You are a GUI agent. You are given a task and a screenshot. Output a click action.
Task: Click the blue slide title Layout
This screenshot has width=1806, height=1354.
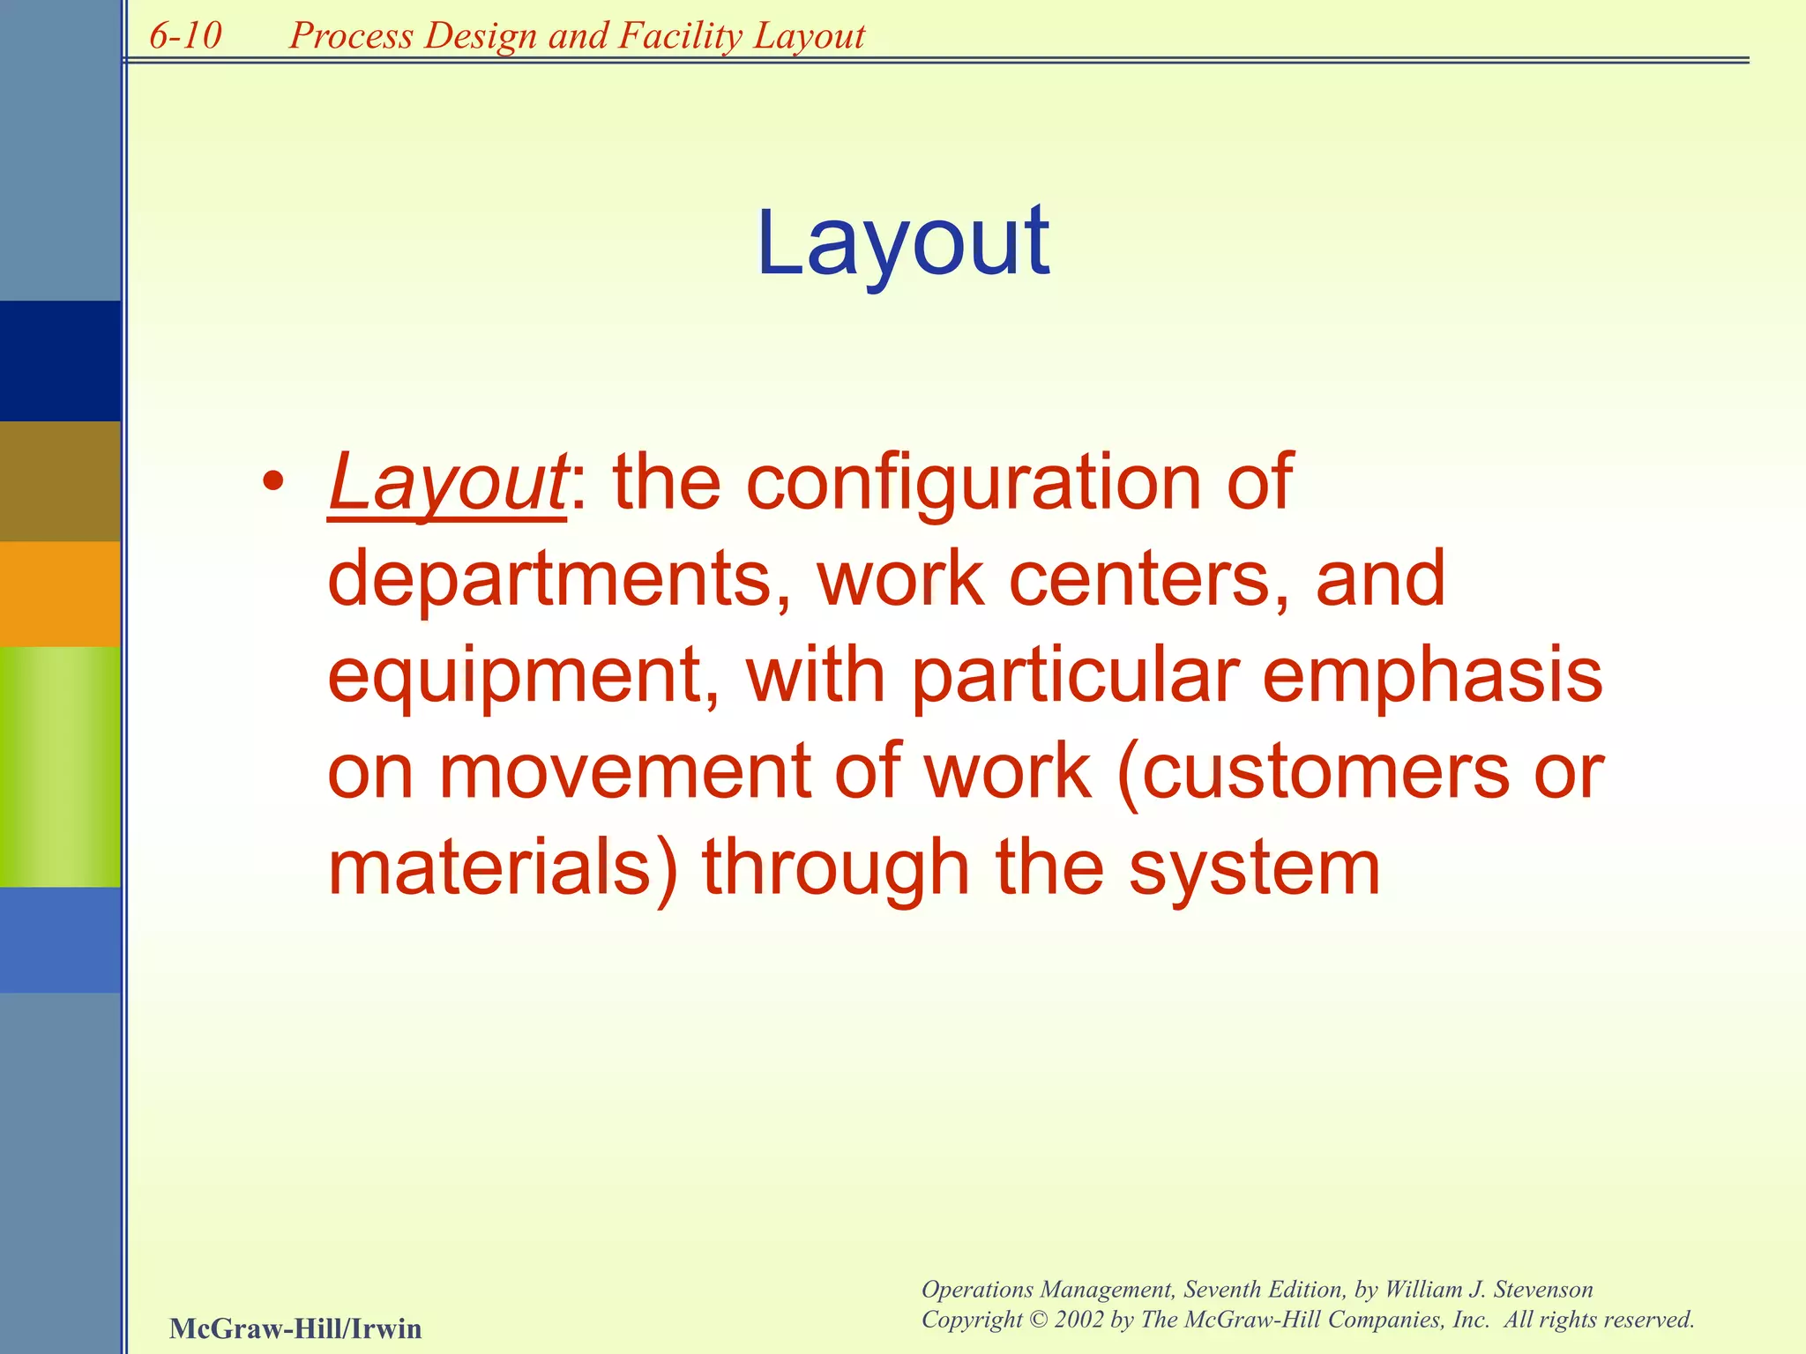coord(902,242)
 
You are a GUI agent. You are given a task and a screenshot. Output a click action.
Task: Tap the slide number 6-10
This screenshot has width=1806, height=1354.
coord(185,36)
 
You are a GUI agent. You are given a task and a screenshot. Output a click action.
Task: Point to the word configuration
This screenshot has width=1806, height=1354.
coord(975,483)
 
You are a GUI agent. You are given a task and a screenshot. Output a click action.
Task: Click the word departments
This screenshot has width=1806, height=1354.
coord(549,579)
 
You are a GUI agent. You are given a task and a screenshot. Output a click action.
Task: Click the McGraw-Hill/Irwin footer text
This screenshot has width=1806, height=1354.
coord(295,1328)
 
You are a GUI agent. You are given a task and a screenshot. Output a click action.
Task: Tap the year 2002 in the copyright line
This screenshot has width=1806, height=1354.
coord(1078,1320)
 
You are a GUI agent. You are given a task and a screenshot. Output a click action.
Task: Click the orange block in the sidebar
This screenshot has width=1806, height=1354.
coord(60,593)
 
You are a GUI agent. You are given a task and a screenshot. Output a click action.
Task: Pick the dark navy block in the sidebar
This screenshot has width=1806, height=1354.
coord(60,361)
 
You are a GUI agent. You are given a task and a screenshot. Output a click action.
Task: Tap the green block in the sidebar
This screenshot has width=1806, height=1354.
coord(60,766)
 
